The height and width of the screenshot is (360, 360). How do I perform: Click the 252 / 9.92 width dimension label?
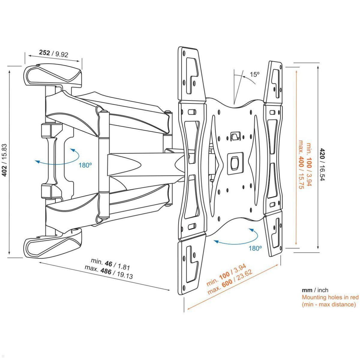pos(54,53)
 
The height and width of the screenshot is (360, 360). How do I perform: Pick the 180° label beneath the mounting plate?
pos(255,248)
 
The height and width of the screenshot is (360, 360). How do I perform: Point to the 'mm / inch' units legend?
pos(315,290)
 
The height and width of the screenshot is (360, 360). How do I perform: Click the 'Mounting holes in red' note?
pos(330,297)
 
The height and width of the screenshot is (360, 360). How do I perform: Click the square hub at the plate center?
pos(235,164)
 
